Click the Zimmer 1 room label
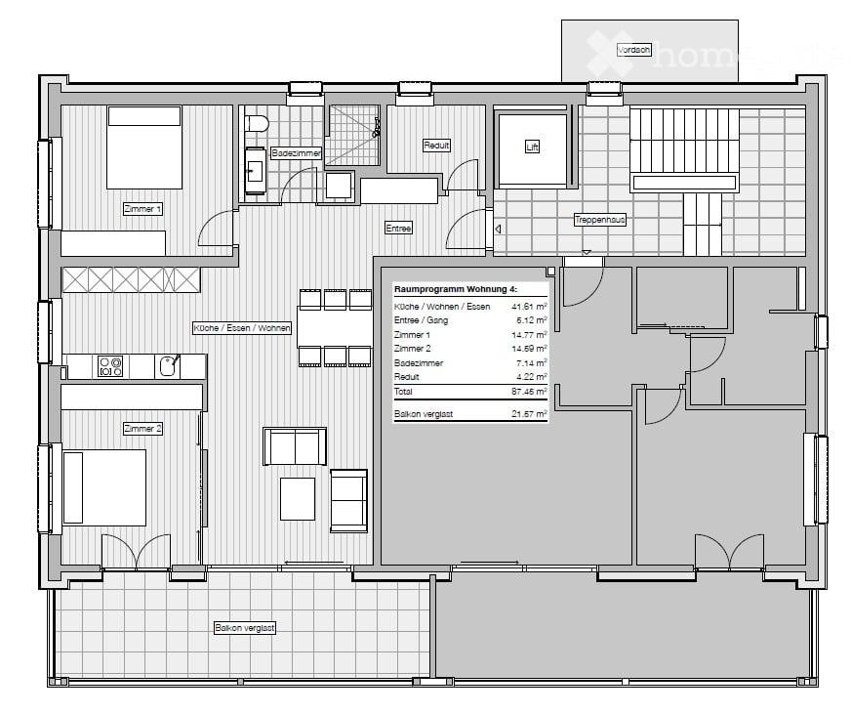142,209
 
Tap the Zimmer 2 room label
142,429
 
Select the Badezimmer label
292,153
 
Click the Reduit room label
436,146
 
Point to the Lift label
532,147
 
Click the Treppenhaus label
599,220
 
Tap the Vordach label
633,50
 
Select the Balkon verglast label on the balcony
245,628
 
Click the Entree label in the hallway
398,228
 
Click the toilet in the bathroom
257,124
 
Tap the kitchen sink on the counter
168,366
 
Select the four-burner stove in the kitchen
109,366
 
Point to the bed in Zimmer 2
103,486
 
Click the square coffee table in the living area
298,498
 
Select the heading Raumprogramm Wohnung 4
455,290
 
